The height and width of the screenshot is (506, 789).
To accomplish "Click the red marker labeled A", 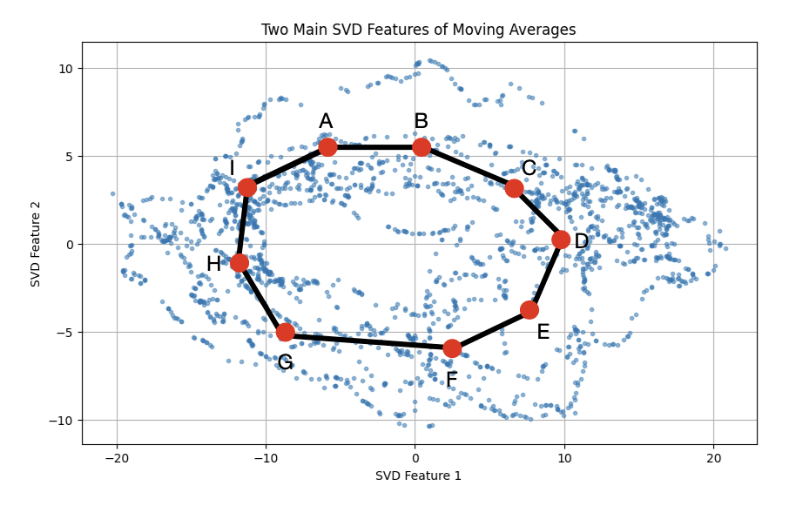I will [x=327, y=147].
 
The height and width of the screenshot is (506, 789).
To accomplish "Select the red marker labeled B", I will [x=421, y=147].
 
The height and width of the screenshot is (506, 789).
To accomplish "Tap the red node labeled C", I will [x=514, y=188].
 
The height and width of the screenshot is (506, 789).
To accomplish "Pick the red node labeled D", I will [x=561, y=240].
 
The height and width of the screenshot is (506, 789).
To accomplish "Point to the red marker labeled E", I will [x=529, y=310].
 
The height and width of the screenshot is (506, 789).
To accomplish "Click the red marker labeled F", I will [x=452, y=348].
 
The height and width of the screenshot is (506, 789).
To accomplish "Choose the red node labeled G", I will [x=285, y=332].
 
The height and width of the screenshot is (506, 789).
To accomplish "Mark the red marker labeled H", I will [x=239, y=263].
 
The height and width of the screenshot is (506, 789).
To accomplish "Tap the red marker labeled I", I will [x=247, y=187].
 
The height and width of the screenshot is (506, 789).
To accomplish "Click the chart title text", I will [x=418, y=30].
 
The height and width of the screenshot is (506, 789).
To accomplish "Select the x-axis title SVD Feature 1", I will [x=418, y=476].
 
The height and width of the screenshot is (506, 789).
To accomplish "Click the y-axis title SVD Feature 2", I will [x=36, y=243].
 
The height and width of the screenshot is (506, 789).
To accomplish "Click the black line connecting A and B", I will [x=374, y=147].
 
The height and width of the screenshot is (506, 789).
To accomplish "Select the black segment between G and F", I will [x=368, y=341].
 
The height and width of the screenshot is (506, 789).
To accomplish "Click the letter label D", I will [x=581, y=242].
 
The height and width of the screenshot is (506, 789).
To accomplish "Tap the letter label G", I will [x=285, y=362].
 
